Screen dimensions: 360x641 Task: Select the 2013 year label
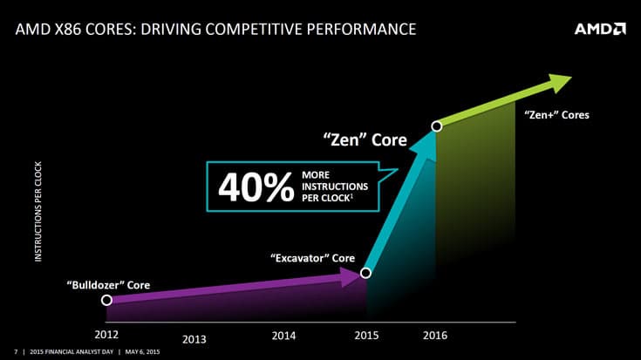coord(194,340)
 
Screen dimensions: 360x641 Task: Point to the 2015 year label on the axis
coord(366,335)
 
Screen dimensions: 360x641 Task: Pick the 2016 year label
coord(436,335)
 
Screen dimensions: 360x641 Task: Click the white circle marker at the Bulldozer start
coord(106,300)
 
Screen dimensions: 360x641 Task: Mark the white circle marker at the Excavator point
coord(365,273)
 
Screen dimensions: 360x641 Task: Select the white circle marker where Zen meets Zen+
coord(437,126)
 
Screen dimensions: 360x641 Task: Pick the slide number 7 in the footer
coord(16,352)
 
